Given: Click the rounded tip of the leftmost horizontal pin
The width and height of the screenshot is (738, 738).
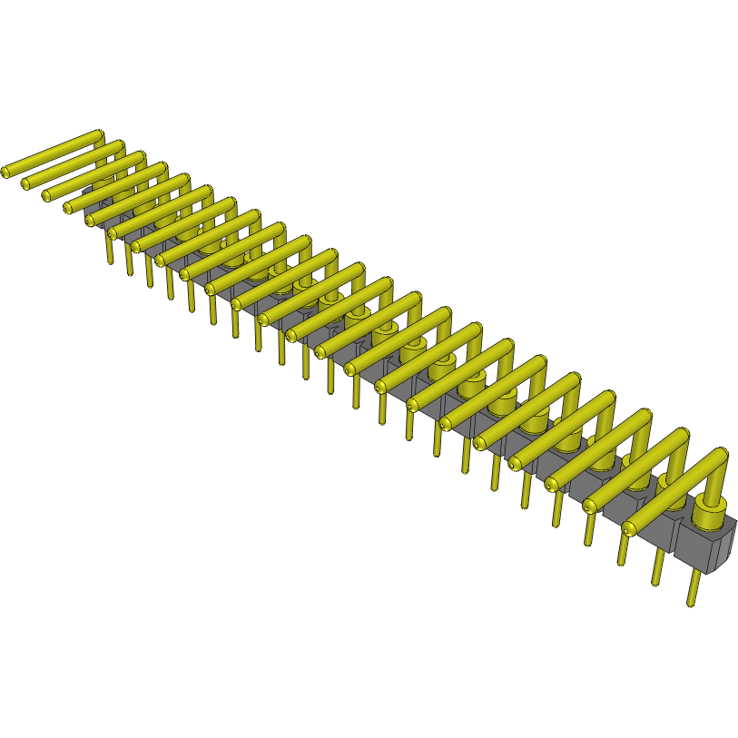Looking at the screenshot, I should [6, 171].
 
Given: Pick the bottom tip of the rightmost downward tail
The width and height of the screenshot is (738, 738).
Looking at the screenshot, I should [692, 602].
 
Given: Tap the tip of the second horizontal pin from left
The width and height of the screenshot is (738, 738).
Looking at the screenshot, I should [26, 184].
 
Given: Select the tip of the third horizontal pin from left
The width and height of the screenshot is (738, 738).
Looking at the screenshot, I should [48, 196].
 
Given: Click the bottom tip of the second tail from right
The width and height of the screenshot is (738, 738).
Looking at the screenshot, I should [655, 582].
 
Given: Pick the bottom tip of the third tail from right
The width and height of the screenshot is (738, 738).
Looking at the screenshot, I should [622, 561].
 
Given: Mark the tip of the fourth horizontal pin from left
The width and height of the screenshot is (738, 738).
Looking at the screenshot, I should [69, 208].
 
